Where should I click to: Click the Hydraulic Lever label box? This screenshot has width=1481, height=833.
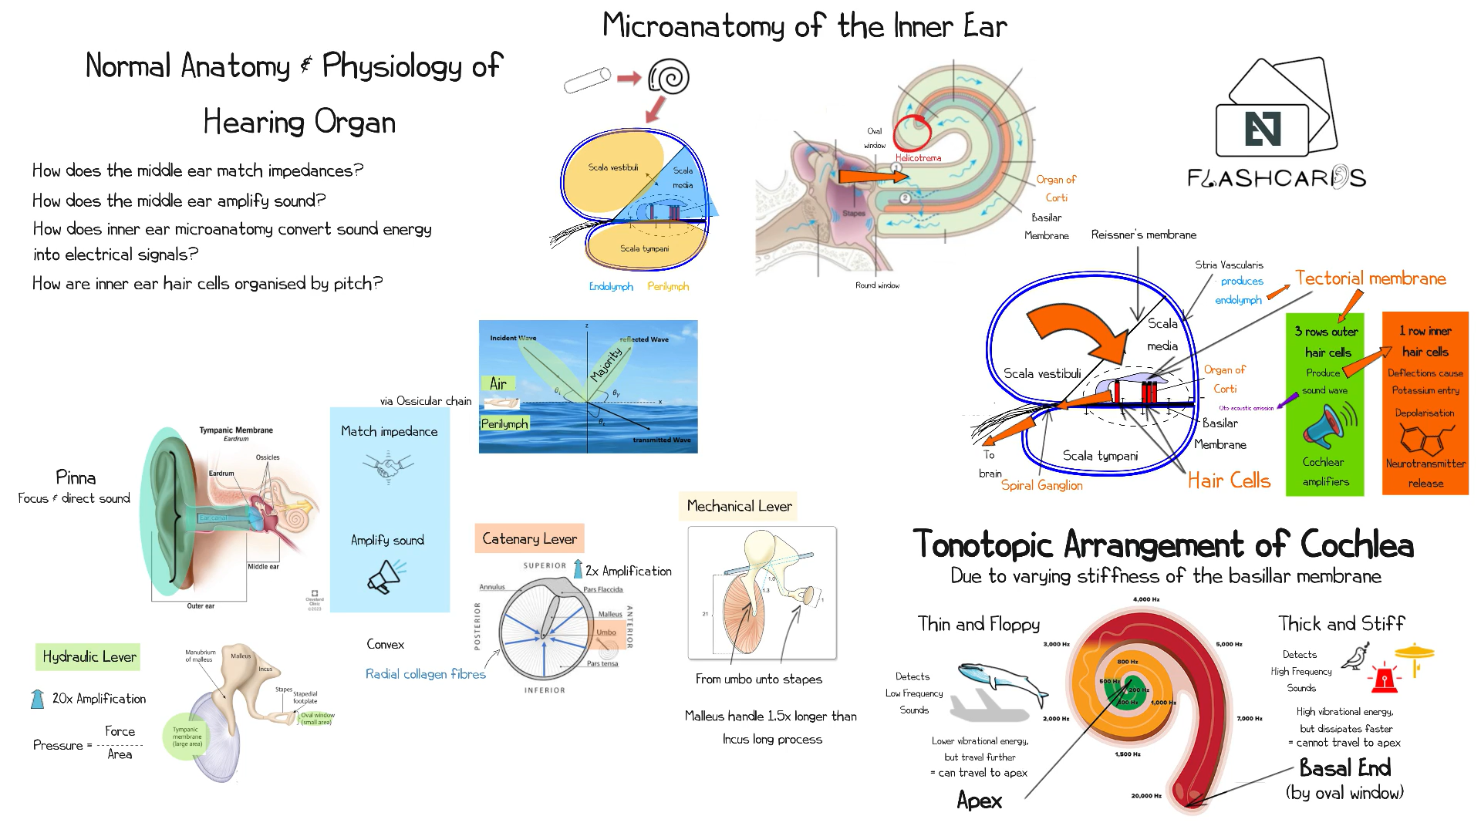pos(89,656)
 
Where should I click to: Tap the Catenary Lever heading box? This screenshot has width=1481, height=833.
pos(529,538)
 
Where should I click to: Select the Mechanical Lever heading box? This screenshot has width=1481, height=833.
pos(738,506)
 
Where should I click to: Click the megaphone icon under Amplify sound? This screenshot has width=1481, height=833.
pos(386,575)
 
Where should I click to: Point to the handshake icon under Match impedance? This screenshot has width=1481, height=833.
pos(388,466)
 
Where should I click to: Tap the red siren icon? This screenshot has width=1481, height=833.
pos(1385,677)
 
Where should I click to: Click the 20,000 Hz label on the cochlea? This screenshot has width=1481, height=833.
pos(1146,795)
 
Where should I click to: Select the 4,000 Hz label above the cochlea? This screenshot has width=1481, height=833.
pos(1146,599)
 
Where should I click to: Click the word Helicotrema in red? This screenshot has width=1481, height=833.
pos(918,157)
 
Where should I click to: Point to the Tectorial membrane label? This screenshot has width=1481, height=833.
pos(1370,278)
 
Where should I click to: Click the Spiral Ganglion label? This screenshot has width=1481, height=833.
pos(1041,485)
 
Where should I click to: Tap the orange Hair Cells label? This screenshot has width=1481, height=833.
pos(1229,481)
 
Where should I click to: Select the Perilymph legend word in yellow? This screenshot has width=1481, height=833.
pos(668,286)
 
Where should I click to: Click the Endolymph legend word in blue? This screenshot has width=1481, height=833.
pos(611,286)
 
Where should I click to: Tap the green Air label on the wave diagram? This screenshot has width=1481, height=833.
pos(498,383)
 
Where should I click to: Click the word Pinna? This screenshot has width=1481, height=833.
pos(76,477)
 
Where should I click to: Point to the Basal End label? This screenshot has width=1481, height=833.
pos(1344,767)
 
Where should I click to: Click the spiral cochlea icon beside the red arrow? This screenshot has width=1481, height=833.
pos(669,77)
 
